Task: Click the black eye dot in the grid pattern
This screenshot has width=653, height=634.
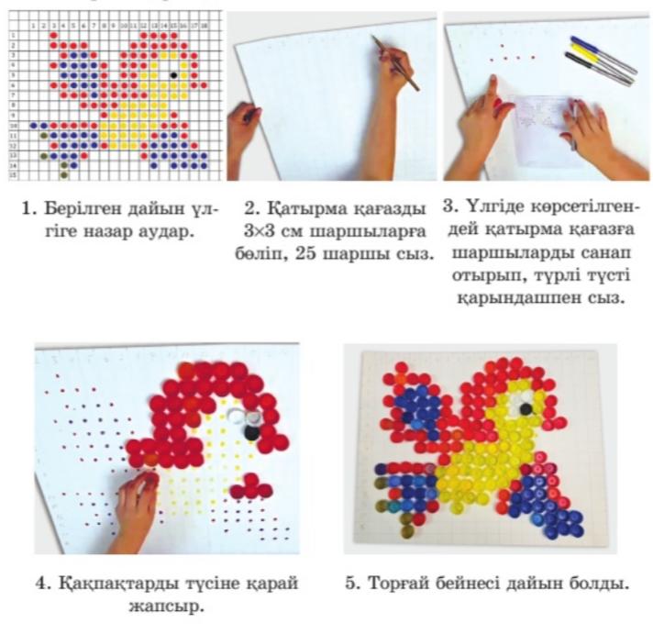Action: click(173, 75)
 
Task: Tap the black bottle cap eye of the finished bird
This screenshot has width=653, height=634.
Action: click(526, 408)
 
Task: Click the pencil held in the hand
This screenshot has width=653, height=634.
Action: click(395, 63)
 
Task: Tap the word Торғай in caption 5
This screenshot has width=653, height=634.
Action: click(399, 584)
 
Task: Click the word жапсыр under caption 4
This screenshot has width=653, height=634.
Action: click(165, 606)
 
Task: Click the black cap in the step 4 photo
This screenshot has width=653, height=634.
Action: click(251, 432)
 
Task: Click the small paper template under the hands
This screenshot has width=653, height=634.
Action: click(543, 131)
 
